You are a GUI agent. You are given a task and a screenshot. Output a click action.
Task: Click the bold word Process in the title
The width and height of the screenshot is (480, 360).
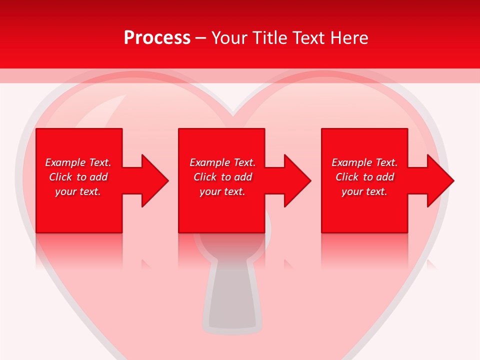pyautogui.click(x=157, y=38)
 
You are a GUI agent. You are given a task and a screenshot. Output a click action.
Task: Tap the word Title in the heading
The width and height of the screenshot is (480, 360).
pyautogui.click(x=269, y=38)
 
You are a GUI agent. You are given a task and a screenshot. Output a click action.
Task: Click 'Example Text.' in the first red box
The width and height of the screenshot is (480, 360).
pyautogui.click(x=78, y=162)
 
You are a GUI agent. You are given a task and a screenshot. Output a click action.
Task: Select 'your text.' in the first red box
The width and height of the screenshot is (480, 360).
pyautogui.click(x=78, y=191)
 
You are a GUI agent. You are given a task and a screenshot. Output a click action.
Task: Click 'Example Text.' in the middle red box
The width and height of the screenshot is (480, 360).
pyautogui.click(x=222, y=162)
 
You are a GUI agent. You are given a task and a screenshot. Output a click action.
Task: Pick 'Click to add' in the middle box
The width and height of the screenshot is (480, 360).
pyautogui.click(x=222, y=177)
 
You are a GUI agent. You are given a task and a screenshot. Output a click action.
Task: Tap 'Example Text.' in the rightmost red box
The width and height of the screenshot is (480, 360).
pyautogui.click(x=364, y=162)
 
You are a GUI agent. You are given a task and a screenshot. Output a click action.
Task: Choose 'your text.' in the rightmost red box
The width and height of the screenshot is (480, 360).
pyautogui.click(x=364, y=191)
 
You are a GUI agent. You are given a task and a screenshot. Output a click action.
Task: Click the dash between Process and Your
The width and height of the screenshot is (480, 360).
pyautogui.click(x=201, y=38)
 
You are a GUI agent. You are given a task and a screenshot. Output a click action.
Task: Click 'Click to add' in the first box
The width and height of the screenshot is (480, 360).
pyautogui.click(x=78, y=177)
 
